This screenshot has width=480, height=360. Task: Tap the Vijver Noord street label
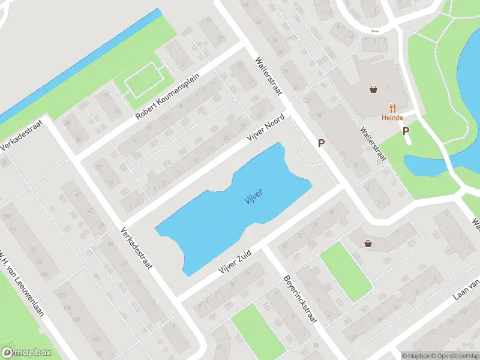click(266, 128)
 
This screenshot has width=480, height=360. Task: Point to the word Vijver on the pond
click(253, 197)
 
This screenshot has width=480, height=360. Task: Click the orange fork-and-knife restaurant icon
click(393, 107)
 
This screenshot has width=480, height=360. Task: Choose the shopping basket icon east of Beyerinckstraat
click(368, 243)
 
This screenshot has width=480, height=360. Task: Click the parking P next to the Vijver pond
click(322, 143)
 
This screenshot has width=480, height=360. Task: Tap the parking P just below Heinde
click(406, 131)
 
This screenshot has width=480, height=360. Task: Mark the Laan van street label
click(466, 292)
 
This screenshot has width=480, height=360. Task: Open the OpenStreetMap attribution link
click(455, 356)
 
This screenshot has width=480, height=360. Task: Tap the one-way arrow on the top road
click(375, 31)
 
